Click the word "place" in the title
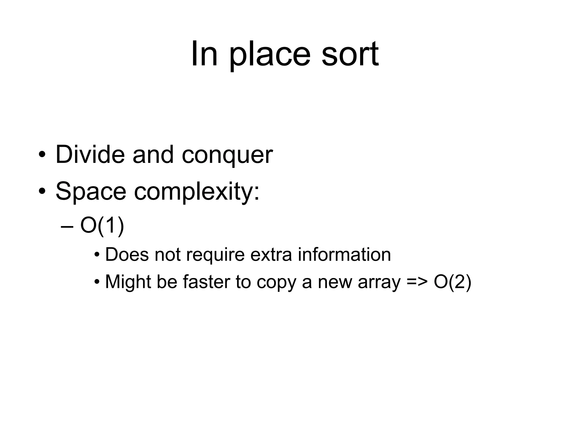[269, 54]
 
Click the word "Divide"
[90, 155]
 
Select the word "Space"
[91, 192]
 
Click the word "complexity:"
[197, 192]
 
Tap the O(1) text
[102, 226]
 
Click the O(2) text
[452, 282]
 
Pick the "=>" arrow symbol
[417, 282]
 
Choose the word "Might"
[128, 282]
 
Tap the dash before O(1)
[67, 226]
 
